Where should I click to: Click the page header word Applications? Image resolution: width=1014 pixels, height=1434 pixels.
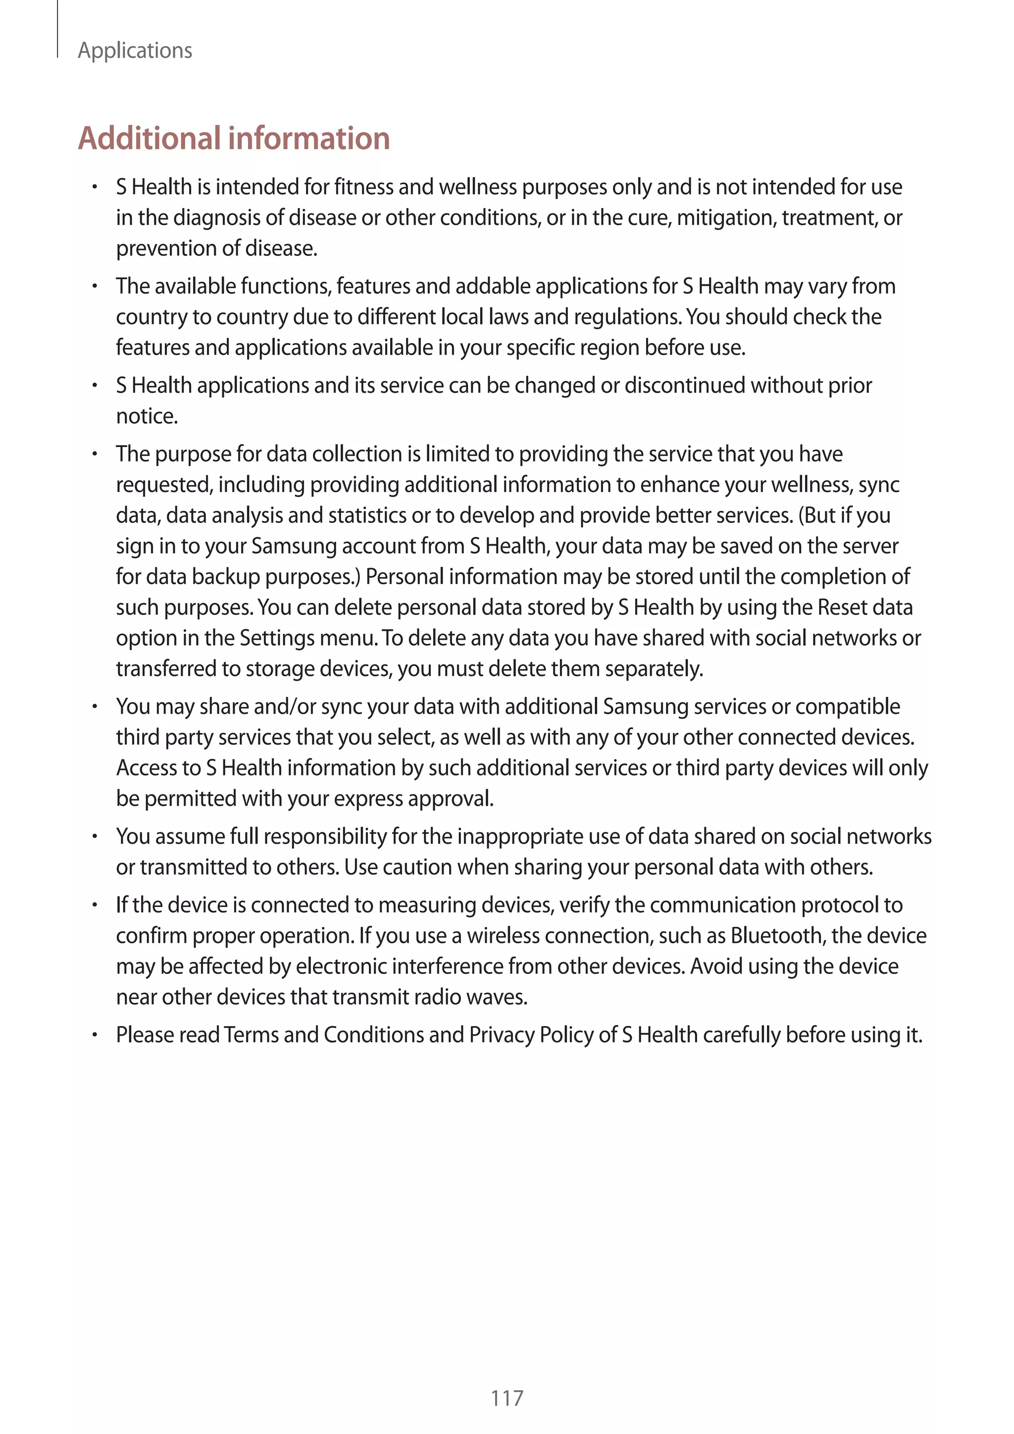pos(135,51)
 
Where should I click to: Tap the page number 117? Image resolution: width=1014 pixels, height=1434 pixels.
pos(507,1398)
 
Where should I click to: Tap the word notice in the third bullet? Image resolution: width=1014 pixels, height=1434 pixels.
pos(146,416)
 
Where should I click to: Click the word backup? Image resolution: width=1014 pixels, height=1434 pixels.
pos(225,576)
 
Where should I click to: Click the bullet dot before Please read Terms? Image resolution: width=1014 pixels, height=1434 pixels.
pos(94,1035)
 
